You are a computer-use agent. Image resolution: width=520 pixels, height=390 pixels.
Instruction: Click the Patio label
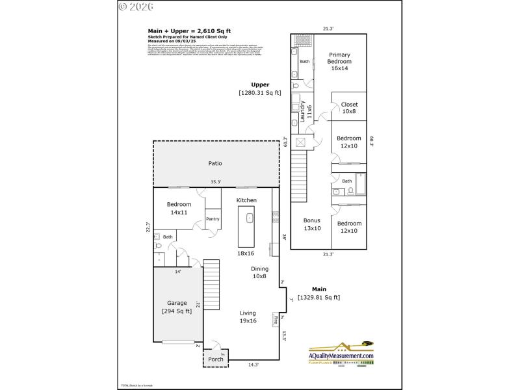pyautogui.click(x=216, y=163)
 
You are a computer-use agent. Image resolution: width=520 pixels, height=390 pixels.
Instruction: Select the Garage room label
pyautogui.click(x=177, y=303)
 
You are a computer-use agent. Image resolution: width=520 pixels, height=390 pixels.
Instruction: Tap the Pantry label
pyautogui.click(x=213, y=219)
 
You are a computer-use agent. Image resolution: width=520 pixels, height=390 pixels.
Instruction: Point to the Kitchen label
pyautogui.click(x=246, y=200)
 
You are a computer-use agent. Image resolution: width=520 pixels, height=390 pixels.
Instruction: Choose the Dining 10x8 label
pyautogui.click(x=260, y=272)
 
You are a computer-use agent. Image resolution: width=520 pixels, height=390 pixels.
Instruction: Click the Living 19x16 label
pyautogui.click(x=248, y=317)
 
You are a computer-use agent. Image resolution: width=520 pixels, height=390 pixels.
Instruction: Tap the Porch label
pyautogui.click(x=215, y=359)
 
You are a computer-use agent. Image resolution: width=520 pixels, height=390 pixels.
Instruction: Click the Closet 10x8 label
pyautogui.click(x=349, y=108)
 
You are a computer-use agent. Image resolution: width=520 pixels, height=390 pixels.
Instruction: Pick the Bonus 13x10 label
pyautogui.click(x=312, y=224)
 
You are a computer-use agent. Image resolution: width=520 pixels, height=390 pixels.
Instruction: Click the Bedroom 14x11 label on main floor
pyautogui.click(x=179, y=208)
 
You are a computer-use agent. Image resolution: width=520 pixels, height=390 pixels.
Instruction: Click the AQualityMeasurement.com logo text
pyautogui.click(x=341, y=356)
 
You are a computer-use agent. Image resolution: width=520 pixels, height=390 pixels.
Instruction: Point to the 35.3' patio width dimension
pyautogui.click(x=216, y=182)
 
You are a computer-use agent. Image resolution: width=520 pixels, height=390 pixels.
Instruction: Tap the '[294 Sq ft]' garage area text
pyautogui.click(x=177, y=311)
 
